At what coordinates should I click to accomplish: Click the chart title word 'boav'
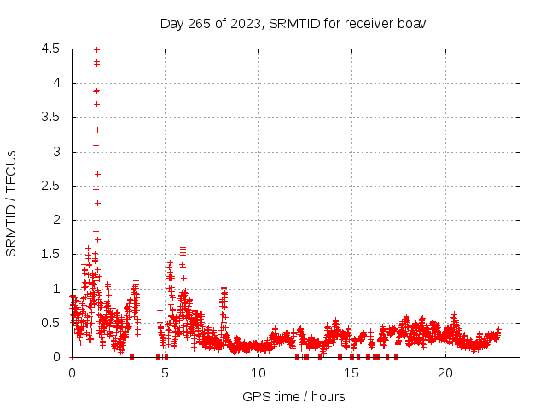coord(412,23)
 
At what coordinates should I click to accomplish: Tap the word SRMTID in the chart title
coord(292,23)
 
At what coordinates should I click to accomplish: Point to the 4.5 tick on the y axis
coord(51,49)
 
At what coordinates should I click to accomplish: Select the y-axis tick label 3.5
coord(51,117)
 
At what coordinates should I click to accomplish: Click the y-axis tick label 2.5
coord(51,186)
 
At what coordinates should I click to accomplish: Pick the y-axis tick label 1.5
coord(51,254)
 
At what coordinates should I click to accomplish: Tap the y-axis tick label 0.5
coord(51,322)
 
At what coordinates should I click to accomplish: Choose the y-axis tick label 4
coord(55,83)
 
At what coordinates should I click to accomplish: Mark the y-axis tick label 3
coord(55,152)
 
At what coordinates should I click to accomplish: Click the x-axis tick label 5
coord(165,373)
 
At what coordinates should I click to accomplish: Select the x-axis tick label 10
coord(258,373)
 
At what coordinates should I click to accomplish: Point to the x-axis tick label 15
coord(351,373)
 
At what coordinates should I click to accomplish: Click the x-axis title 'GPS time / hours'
coord(293,396)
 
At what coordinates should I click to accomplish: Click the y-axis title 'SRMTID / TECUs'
coord(12,202)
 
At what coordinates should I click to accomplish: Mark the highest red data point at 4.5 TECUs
coord(96,49)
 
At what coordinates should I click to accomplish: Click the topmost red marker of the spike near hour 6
coord(183,247)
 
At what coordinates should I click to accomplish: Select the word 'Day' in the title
coord(171,23)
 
